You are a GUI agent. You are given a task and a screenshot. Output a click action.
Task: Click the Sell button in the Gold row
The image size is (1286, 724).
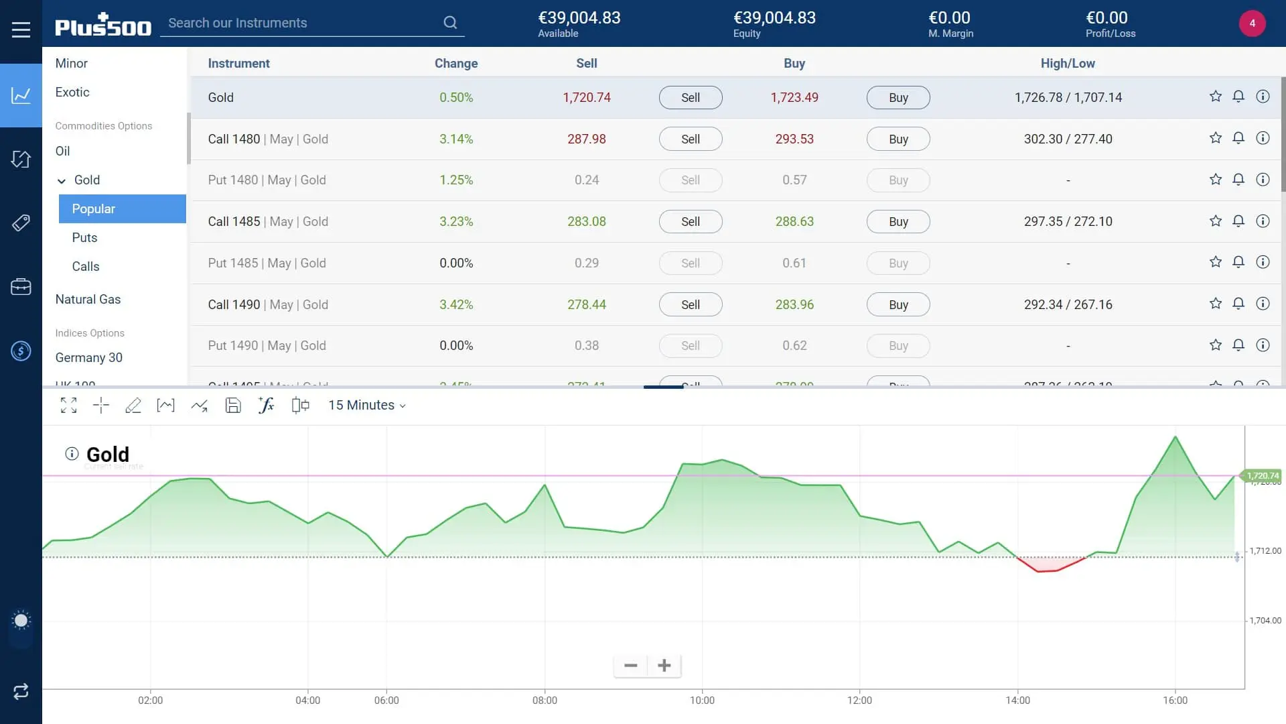pyautogui.click(x=690, y=97)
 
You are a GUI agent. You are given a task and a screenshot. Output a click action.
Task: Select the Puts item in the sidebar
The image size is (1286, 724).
pyautogui.click(x=84, y=237)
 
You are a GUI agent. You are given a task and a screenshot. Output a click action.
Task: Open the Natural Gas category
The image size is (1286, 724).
pyautogui.click(x=88, y=299)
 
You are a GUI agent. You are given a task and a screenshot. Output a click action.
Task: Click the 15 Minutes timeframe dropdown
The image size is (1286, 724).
pyautogui.click(x=366, y=405)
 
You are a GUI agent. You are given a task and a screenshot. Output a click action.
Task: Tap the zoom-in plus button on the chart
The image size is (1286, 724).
pyautogui.click(x=664, y=666)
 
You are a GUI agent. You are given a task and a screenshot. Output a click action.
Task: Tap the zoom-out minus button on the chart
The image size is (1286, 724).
pyautogui.click(x=630, y=666)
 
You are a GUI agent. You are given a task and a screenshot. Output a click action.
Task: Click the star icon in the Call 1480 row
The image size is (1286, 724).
pyautogui.click(x=1215, y=138)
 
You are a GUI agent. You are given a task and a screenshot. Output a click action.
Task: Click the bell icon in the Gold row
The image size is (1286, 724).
pyautogui.click(x=1238, y=97)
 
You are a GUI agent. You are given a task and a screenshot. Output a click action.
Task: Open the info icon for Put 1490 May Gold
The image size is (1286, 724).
pyautogui.click(x=1263, y=345)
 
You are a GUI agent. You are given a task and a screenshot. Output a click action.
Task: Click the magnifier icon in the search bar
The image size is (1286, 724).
pyautogui.click(x=450, y=23)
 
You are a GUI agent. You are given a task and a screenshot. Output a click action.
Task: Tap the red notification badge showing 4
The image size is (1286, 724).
pyautogui.click(x=1252, y=23)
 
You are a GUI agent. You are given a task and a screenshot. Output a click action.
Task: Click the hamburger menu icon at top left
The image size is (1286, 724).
pyautogui.click(x=21, y=29)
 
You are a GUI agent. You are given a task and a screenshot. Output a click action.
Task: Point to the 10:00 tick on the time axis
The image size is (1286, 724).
pyautogui.click(x=702, y=700)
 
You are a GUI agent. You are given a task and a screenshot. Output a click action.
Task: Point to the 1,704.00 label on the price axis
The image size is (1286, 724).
pyautogui.click(x=1265, y=621)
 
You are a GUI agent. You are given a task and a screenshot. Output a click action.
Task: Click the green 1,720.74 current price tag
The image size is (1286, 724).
pyautogui.click(x=1262, y=475)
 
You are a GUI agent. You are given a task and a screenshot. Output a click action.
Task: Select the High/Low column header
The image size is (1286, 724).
pyautogui.click(x=1067, y=63)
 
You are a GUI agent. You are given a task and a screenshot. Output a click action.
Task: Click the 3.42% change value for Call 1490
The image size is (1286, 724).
pyautogui.click(x=455, y=304)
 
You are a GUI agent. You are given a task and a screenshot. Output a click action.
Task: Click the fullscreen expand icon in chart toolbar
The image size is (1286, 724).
pyautogui.click(x=68, y=405)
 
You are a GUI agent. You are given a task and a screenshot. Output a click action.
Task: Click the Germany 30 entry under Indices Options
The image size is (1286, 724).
pyautogui.click(x=88, y=357)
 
